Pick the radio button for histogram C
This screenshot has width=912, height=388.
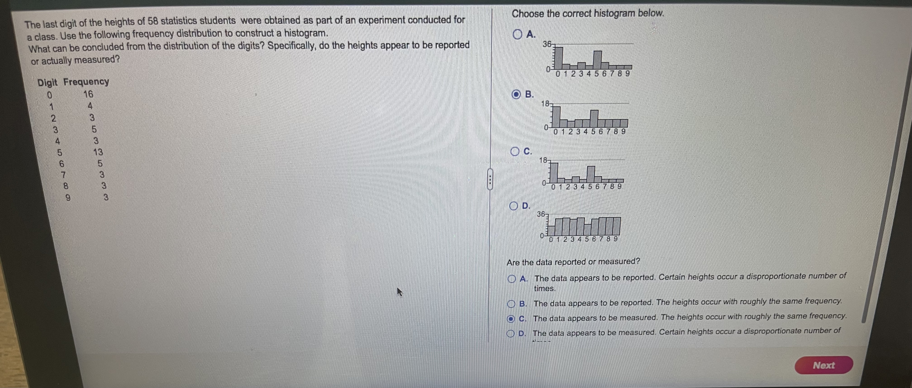[x=515, y=152]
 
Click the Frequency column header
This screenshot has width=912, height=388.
[x=86, y=82]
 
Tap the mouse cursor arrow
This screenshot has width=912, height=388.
[x=399, y=292]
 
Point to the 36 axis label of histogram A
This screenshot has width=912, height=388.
[x=547, y=44]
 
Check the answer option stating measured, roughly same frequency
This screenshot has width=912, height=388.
[x=510, y=318]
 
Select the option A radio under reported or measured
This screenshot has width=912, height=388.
[x=511, y=279]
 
